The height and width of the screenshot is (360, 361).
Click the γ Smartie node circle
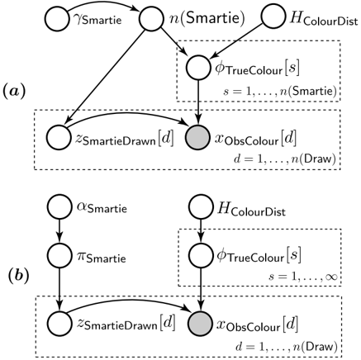[x=57, y=19]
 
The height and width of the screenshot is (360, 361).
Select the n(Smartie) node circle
[x=151, y=19]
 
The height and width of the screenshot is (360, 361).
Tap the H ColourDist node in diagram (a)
[x=273, y=16]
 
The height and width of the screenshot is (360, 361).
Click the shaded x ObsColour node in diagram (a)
[x=197, y=138]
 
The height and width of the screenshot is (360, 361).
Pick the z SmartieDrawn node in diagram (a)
[x=59, y=138]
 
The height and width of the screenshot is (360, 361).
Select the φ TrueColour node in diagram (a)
[x=197, y=68]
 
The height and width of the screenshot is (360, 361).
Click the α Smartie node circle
[x=59, y=206]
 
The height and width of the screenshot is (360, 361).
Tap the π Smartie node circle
[x=59, y=255]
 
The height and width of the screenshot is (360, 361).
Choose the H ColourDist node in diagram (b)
[x=201, y=206]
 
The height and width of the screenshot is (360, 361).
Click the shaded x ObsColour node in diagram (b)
[x=201, y=324]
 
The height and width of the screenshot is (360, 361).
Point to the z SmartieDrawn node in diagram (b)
[x=59, y=324]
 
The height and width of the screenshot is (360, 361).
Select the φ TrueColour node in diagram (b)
[x=201, y=255]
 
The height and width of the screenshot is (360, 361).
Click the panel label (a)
[x=14, y=91]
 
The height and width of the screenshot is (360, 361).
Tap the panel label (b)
[x=19, y=276]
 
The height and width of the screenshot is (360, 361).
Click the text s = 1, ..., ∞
[x=303, y=277]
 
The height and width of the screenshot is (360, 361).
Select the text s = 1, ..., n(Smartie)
[x=280, y=92]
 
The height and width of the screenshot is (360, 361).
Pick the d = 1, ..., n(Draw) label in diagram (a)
[x=285, y=159]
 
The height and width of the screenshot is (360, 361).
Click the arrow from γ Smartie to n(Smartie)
[x=102, y=4]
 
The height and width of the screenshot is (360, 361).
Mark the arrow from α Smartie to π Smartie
[x=59, y=231]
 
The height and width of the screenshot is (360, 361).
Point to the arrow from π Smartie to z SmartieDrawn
[x=59, y=290]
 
